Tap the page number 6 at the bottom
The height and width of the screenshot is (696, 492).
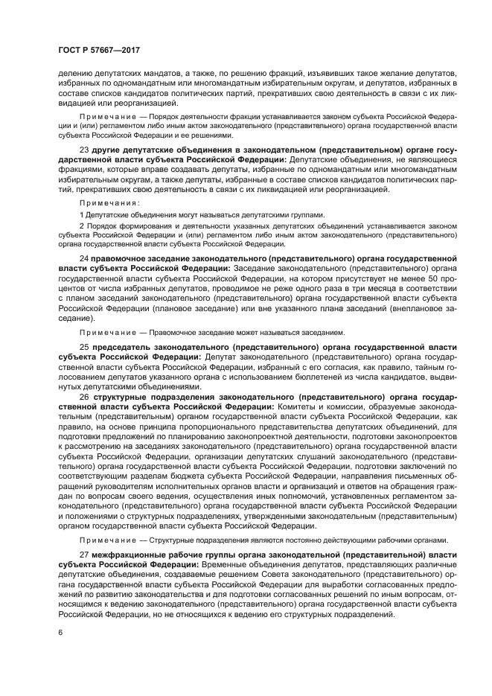point(60,632)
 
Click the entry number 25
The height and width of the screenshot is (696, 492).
point(83,347)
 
